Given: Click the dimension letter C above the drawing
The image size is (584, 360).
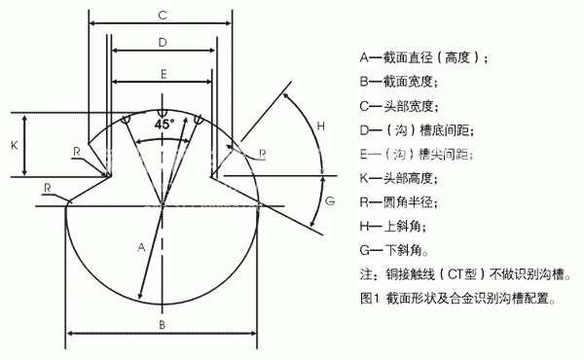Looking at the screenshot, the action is click(164, 15).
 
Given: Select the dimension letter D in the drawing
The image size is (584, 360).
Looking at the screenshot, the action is click(162, 42).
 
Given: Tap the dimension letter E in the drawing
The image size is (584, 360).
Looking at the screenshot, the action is click(163, 74).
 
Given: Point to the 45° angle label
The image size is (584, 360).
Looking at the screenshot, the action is click(163, 125).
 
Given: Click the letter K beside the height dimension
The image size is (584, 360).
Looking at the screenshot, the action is click(14, 144).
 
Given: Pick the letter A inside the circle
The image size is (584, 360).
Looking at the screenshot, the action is click(142, 247).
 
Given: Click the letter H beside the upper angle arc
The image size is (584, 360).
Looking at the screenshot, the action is click(322, 126).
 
